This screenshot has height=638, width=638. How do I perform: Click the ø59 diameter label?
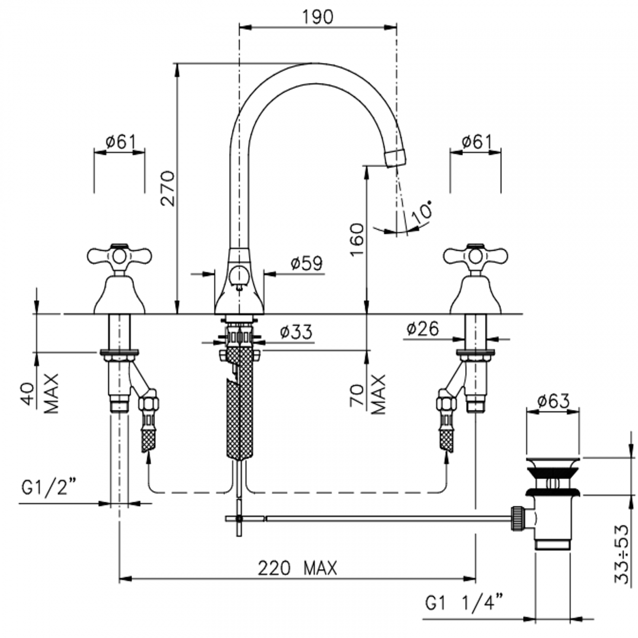[x=306, y=264]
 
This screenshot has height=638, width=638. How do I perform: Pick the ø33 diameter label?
[x=296, y=332]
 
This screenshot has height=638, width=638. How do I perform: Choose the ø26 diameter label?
[x=423, y=328]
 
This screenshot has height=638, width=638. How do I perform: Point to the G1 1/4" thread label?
[x=464, y=602]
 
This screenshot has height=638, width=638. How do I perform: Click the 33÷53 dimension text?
[x=622, y=554]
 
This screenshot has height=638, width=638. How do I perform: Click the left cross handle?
[x=119, y=255]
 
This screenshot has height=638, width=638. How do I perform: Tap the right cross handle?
[x=475, y=255]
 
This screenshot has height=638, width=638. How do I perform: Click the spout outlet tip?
[x=396, y=158]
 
